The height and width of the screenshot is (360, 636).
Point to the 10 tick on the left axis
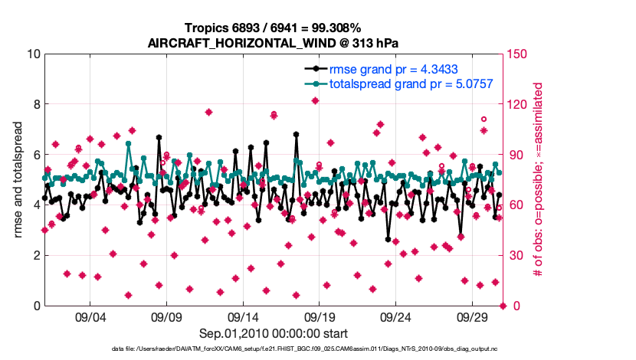tap(32, 54)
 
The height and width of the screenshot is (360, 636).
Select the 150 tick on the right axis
tap(516, 54)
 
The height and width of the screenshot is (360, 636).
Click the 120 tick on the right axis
tap(516, 104)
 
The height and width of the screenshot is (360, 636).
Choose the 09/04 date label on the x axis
tap(90, 317)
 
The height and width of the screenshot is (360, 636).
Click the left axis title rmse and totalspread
tap(18, 179)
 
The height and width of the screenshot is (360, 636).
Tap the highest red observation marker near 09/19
tap(315, 100)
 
